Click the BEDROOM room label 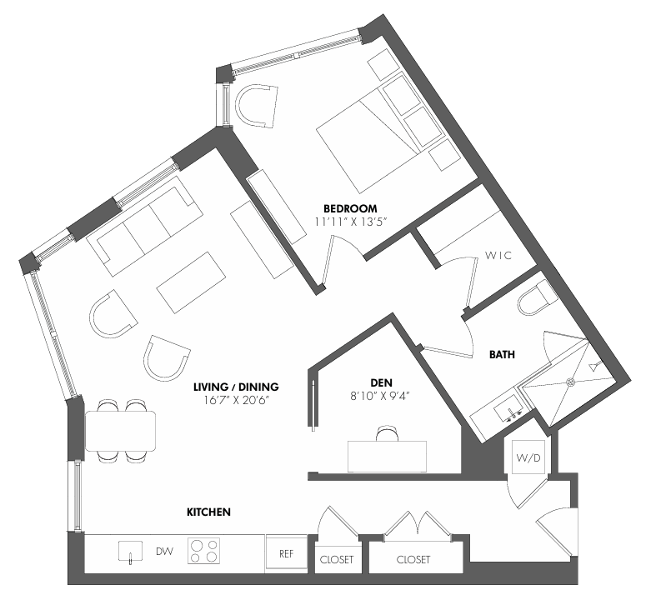coord(350,208)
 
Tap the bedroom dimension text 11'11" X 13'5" coord(351,222)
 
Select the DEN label coord(381,382)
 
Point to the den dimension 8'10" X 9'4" coord(380,397)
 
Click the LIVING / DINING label coord(236,387)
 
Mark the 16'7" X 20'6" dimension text coord(237,401)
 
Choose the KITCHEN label coord(208,512)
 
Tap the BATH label coord(502,354)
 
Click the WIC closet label coord(498,255)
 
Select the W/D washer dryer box coord(528,457)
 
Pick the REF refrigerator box coord(286,553)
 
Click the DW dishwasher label coord(164,552)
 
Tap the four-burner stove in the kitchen coord(203,551)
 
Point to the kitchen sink coord(130,552)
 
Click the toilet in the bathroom coord(537,300)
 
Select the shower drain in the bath coord(570,382)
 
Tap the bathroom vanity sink coord(509,408)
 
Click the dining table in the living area coord(120,431)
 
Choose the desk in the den coord(387,457)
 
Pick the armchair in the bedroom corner coord(257,106)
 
